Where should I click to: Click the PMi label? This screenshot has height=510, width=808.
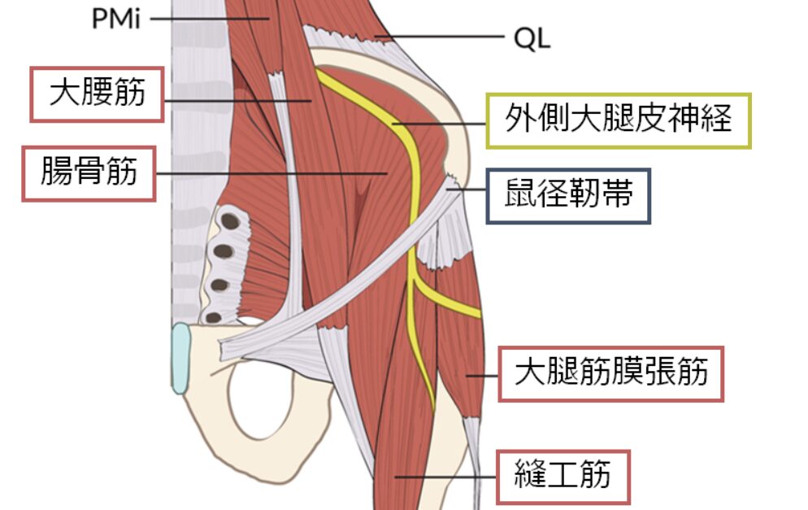[x=115, y=18]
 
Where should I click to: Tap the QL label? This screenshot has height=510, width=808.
[x=532, y=37]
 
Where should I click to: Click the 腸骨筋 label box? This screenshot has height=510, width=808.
[x=89, y=173]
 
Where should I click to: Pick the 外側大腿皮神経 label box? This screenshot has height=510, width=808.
[x=618, y=120]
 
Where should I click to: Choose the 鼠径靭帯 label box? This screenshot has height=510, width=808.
[x=568, y=196]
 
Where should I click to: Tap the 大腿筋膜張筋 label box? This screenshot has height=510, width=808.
[x=610, y=373]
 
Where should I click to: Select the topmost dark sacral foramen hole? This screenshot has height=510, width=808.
[x=232, y=220]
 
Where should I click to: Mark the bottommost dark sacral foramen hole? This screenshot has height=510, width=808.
[x=215, y=317]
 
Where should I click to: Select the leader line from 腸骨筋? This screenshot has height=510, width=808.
[x=268, y=173]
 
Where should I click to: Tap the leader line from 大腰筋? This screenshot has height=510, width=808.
[x=236, y=100]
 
